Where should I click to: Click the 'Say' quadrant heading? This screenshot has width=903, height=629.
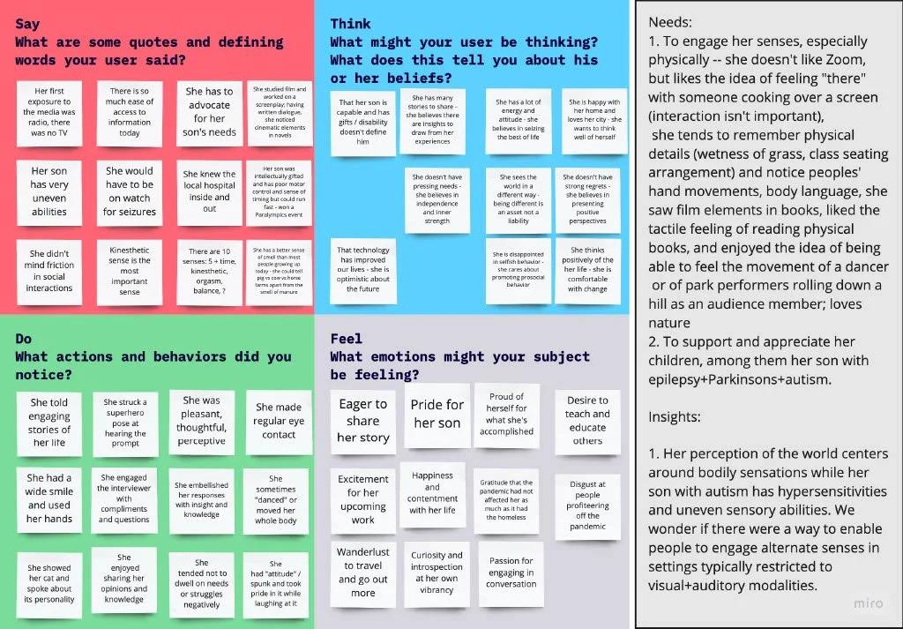tap(28, 24)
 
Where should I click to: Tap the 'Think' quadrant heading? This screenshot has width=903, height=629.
tap(350, 24)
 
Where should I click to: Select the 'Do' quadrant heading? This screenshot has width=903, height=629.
tap(25, 339)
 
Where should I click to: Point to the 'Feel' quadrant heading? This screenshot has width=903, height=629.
tap(347, 339)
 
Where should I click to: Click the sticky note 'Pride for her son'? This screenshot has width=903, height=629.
tap(437, 413)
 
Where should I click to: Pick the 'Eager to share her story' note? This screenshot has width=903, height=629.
tap(363, 420)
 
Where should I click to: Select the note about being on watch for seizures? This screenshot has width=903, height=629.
tap(130, 191)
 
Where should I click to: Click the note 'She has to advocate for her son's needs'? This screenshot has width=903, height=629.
tap(210, 111)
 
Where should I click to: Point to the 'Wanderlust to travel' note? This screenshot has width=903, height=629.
tap(362, 572)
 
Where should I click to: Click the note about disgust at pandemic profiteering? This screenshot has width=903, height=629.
tap(587, 505)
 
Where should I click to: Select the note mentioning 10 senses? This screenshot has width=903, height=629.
tap(209, 272)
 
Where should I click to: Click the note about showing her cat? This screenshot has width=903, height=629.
tap(49, 582)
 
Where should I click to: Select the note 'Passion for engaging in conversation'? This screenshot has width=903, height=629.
tap(511, 572)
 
